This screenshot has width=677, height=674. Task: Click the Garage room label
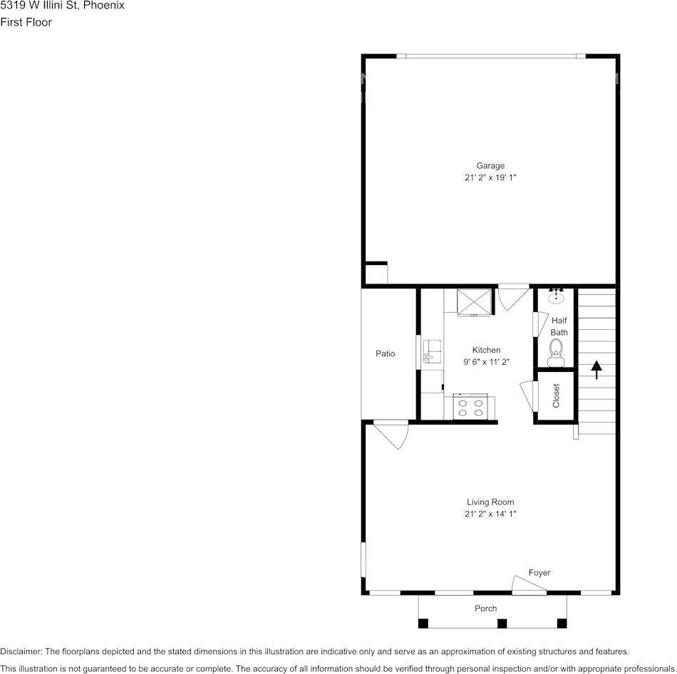tap(490, 165)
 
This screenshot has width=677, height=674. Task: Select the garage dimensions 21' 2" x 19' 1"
tap(490, 177)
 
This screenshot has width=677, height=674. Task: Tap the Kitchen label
tap(486, 350)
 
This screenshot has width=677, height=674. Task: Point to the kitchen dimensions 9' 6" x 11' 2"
tap(486, 362)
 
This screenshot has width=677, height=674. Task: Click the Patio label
tap(385, 353)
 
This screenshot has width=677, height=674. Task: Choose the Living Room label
tap(490, 502)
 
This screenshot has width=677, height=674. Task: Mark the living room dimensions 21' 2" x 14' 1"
tap(490, 514)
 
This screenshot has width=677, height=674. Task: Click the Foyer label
tap(539, 573)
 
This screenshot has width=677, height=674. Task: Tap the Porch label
tap(486, 608)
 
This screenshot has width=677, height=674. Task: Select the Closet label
tap(556, 395)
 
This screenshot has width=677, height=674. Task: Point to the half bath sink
tap(556, 296)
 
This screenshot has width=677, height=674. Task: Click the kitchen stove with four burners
tap(470, 406)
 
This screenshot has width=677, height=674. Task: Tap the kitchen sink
tap(432, 351)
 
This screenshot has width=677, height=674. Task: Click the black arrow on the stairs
tap(596, 370)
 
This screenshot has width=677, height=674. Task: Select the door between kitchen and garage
tap(513, 296)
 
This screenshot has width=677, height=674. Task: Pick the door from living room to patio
tap(391, 435)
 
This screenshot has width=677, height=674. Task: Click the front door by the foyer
tap(529, 584)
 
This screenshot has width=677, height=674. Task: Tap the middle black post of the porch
tap(502, 623)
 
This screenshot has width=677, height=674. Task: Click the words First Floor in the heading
tap(26, 22)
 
